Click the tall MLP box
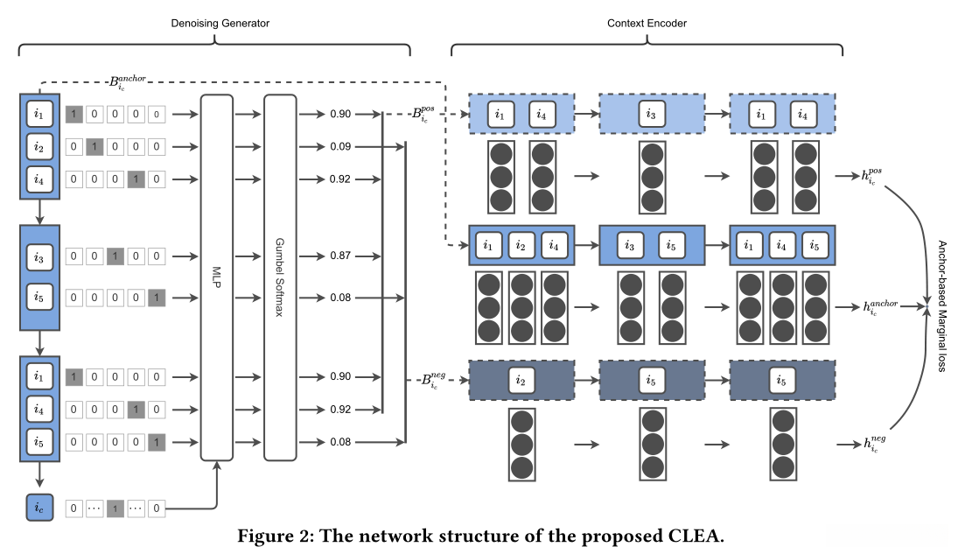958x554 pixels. pos(217,277)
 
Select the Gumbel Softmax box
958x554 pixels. pos(281,277)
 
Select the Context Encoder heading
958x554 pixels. pos(647,23)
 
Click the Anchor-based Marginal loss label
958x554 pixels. pos(942,306)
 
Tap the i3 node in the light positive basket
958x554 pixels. pos(651,113)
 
